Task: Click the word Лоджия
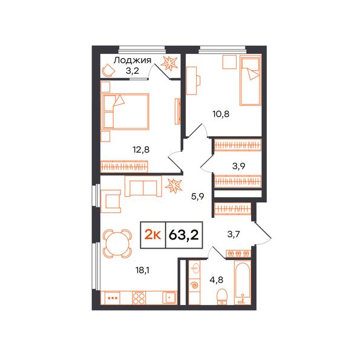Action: pos(132,60)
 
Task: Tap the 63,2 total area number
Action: pos(184,235)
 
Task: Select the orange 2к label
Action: pos(152,235)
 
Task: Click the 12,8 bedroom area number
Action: pos(141,150)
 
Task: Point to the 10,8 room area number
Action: pos(221,114)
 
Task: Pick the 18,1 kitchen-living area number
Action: pos(142,270)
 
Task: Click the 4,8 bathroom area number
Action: pos(216,280)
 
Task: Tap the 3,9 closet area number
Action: pos(239,166)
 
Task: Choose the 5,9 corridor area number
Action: pos(197,197)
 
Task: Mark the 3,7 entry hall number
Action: pos(233,234)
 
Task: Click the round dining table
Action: pos(117,244)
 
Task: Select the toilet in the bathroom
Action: pos(222,296)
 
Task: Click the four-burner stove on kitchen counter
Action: pos(139,298)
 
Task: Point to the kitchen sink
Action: pos(169,297)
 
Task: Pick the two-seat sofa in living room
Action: pos(143,186)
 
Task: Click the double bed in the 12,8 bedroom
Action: pos(125,111)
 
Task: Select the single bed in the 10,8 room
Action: pos(250,80)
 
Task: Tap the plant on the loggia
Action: pos(169,63)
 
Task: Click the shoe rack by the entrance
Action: pos(238,253)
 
